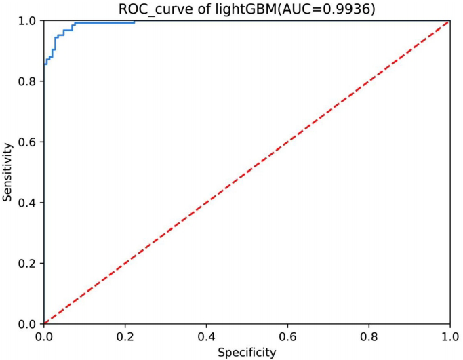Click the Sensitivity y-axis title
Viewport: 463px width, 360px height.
(7, 172)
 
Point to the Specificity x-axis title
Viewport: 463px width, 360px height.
(247, 352)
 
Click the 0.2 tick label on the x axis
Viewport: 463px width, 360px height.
(125, 336)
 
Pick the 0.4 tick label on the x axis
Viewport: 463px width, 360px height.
(206, 336)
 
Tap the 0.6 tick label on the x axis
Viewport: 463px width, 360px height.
(287, 336)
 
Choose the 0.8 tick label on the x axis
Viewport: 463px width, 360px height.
(369, 336)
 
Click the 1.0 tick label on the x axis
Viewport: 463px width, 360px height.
(449, 336)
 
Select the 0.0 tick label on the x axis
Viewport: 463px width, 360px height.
(43, 336)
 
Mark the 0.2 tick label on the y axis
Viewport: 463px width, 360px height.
(29, 263)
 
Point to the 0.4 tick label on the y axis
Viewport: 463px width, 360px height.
(29, 203)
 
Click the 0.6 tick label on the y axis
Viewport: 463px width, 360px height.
(29, 142)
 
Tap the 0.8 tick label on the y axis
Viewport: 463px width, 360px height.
(29, 81)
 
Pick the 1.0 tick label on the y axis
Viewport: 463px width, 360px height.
(29, 21)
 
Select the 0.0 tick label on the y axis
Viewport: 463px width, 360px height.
(29, 323)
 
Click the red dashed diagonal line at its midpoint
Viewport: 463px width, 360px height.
(247, 172)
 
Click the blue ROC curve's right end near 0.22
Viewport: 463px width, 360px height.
(134, 21)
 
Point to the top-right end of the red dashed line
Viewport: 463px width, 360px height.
(449, 22)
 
